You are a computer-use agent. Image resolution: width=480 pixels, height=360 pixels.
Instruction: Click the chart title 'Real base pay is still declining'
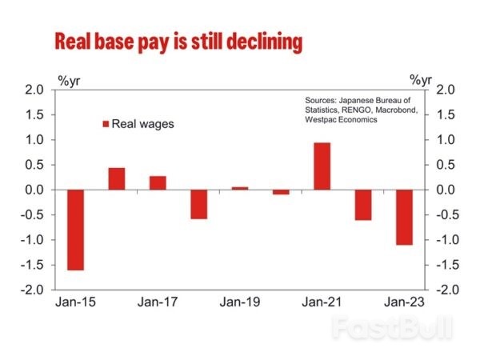[178, 42]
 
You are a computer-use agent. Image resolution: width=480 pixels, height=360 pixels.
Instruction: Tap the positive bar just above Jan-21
[322, 166]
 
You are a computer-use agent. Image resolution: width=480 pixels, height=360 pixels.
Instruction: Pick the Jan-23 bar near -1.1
[404, 217]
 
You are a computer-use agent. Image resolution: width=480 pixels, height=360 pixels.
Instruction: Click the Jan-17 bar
[158, 183]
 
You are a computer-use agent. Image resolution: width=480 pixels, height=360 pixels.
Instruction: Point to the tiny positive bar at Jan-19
[240, 188]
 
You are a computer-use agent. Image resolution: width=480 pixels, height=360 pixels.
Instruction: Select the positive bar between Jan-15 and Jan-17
[117, 179]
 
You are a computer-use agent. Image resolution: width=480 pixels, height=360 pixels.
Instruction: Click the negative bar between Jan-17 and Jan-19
[198, 204]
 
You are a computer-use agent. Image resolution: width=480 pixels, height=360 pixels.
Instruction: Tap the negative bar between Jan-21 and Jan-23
[363, 205]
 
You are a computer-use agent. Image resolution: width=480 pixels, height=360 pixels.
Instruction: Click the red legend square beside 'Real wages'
[104, 124]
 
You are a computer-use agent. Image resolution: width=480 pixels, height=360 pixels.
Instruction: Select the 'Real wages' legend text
[142, 124]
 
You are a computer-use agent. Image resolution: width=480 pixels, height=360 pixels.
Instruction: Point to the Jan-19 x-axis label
[239, 302]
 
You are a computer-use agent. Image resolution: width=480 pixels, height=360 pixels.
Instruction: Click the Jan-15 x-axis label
[74, 302]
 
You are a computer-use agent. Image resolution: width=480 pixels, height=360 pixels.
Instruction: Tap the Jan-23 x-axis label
[403, 302]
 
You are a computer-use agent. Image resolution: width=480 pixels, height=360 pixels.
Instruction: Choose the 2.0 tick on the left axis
[35, 90]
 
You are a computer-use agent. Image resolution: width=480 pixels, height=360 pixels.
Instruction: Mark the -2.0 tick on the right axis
[445, 290]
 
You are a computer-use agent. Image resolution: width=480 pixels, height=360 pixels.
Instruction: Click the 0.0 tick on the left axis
[35, 190]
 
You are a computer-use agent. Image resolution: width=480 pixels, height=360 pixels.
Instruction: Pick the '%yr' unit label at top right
[421, 79]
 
